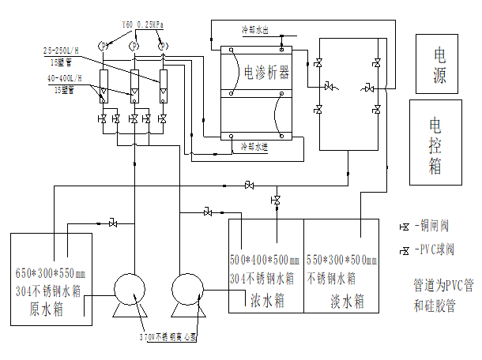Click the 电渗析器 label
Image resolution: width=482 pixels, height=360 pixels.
[x=266, y=73]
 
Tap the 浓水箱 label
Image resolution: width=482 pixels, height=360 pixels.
[x=264, y=301]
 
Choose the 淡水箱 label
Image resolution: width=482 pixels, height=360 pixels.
[x=348, y=301]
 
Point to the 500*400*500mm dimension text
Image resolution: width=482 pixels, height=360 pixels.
[x=265, y=260]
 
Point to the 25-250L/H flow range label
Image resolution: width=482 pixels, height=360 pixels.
[x=65, y=51]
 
